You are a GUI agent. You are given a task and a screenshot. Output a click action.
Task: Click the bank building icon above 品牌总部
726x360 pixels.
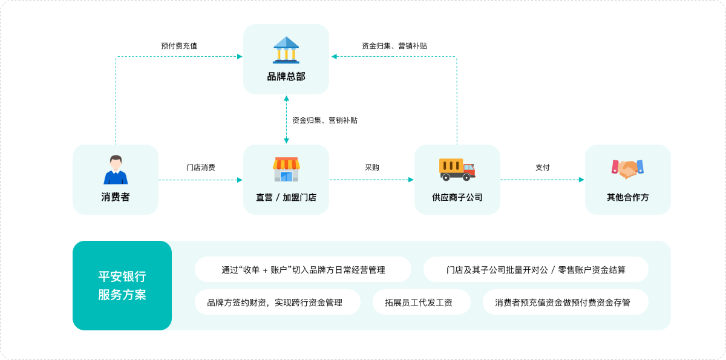(x=286, y=50)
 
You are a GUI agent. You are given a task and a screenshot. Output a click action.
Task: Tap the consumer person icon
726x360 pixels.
(x=116, y=169)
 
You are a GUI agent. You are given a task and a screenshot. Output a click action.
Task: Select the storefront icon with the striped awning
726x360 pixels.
(x=286, y=169)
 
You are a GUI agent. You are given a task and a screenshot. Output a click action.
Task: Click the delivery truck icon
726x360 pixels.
(x=457, y=169)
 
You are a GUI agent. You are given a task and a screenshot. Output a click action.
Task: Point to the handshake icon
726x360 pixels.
(x=627, y=169)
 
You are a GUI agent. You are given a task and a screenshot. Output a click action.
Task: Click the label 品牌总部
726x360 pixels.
(x=286, y=77)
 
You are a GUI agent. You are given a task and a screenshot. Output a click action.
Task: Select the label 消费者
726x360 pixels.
(x=116, y=197)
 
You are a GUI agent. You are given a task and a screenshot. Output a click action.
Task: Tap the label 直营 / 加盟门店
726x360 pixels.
(x=286, y=197)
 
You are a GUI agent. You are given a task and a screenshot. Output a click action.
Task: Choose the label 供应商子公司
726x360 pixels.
(x=457, y=197)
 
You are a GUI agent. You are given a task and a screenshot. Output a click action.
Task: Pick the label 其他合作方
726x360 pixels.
(x=628, y=197)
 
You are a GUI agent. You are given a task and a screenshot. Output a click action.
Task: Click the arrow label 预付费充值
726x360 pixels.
(x=179, y=46)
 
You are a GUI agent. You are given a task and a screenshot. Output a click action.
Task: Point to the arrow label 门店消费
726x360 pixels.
(x=201, y=167)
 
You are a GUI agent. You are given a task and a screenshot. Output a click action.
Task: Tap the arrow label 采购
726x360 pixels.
(x=371, y=167)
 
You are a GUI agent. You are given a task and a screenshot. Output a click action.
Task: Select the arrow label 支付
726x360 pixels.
(x=543, y=167)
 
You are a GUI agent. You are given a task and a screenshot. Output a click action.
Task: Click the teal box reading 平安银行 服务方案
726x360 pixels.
(x=122, y=286)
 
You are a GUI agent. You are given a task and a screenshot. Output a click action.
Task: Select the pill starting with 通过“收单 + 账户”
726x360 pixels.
(x=303, y=269)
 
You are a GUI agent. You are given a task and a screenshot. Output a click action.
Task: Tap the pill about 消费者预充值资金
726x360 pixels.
(x=566, y=302)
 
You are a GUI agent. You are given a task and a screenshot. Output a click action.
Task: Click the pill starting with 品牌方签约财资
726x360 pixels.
(x=278, y=302)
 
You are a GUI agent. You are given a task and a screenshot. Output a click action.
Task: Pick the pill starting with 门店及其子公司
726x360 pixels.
(x=536, y=269)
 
